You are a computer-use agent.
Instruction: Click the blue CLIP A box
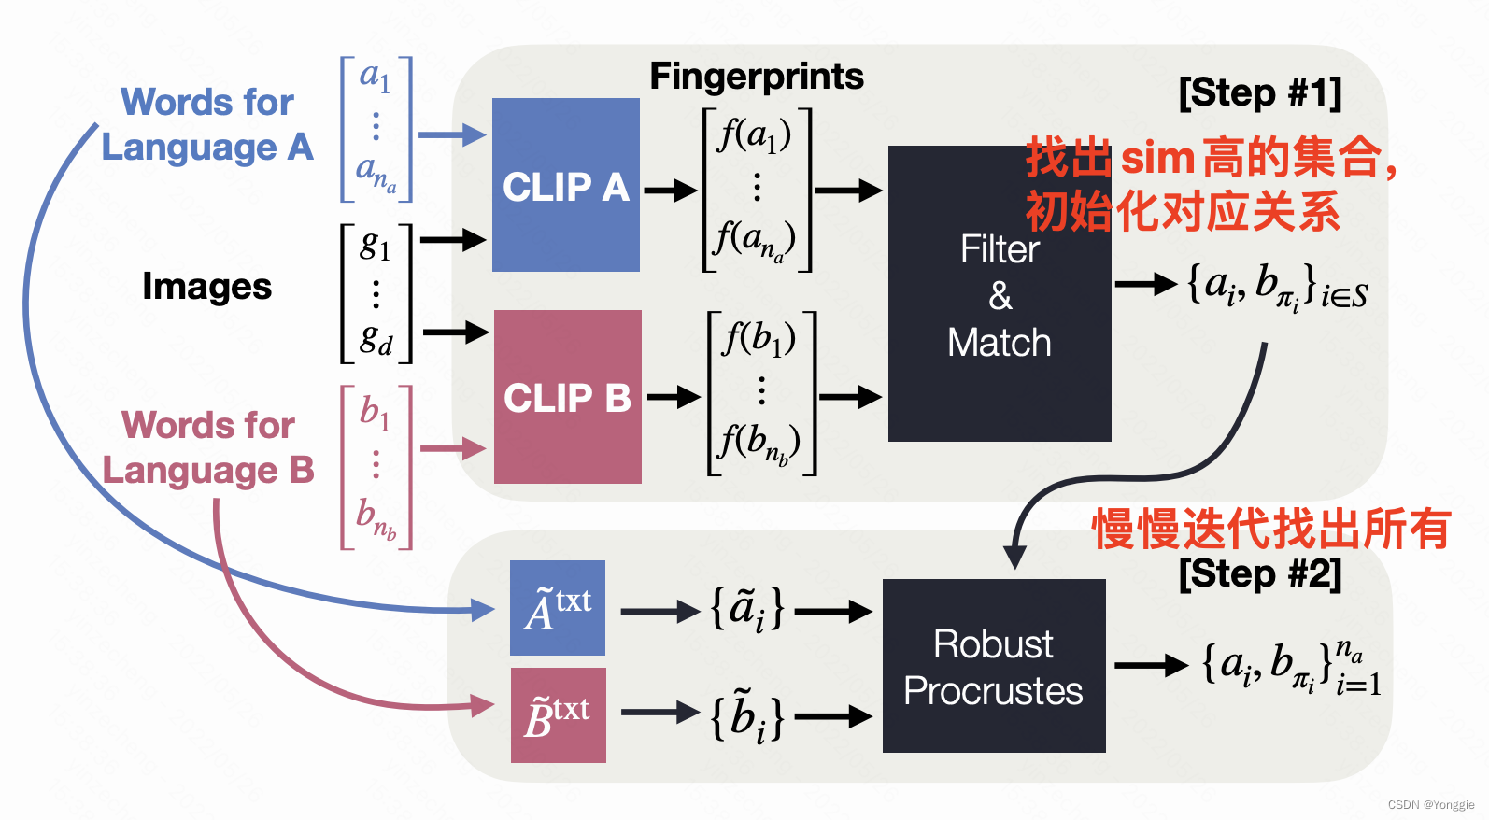(565, 185)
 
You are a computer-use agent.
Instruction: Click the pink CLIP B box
(567, 397)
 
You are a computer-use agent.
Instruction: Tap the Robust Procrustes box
(993, 666)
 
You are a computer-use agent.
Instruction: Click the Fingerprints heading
(757, 77)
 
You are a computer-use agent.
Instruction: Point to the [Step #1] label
(1259, 93)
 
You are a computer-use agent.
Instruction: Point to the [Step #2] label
(1259, 573)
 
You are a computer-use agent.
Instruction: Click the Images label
(206, 287)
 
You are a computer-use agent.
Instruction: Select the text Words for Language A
(207, 124)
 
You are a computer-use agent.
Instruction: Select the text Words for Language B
(207, 447)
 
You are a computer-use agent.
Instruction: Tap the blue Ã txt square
(558, 608)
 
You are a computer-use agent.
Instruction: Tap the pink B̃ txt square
(558, 715)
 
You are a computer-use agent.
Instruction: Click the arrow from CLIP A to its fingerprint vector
(670, 191)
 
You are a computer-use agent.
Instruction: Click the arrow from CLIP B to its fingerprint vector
(674, 397)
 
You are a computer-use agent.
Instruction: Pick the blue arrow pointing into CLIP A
(451, 134)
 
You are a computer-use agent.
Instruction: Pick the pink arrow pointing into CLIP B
(453, 448)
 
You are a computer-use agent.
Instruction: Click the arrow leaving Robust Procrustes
(1151, 665)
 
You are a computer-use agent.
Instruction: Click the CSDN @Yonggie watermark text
(1430, 804)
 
